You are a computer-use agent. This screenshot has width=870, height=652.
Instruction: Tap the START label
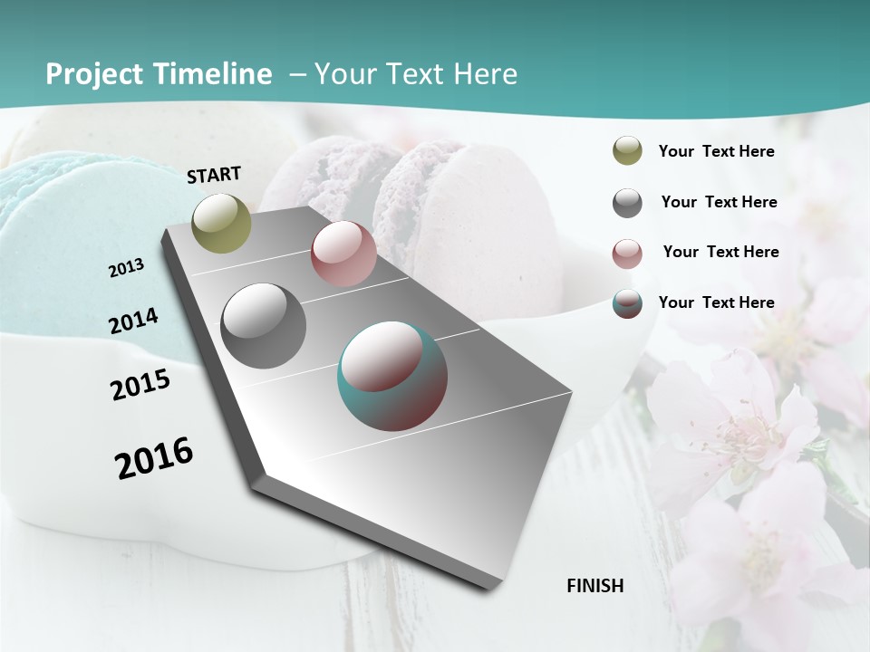point(214,175)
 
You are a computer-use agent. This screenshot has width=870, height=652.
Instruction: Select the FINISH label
point(595,586)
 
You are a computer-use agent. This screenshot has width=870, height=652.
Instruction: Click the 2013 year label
point(127,268)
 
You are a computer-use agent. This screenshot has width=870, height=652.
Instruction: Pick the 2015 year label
point(140,385)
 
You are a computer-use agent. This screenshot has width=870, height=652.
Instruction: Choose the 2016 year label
point(154,458)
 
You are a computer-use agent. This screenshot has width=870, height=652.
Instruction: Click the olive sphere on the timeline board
point(222,223)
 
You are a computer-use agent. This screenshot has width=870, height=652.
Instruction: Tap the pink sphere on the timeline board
point(343,254)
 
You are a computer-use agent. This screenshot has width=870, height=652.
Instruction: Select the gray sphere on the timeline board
point(264,326)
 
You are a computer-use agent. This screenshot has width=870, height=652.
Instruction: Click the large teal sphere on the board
point(392,376)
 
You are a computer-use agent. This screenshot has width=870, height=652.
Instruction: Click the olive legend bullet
point(627,151)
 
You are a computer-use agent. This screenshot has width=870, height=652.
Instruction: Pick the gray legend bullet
point(627,202)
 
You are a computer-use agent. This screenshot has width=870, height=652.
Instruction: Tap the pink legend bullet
point(627,253)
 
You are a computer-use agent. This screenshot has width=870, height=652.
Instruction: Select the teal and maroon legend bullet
point(627,303)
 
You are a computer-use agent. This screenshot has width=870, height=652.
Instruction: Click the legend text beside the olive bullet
point(716,151)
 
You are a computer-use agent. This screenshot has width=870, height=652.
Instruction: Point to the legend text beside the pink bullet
point(720,252)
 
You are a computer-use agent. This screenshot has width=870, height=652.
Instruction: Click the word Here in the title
point(485,74)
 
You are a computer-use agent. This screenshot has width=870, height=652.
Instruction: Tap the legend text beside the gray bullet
point(719,202)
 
